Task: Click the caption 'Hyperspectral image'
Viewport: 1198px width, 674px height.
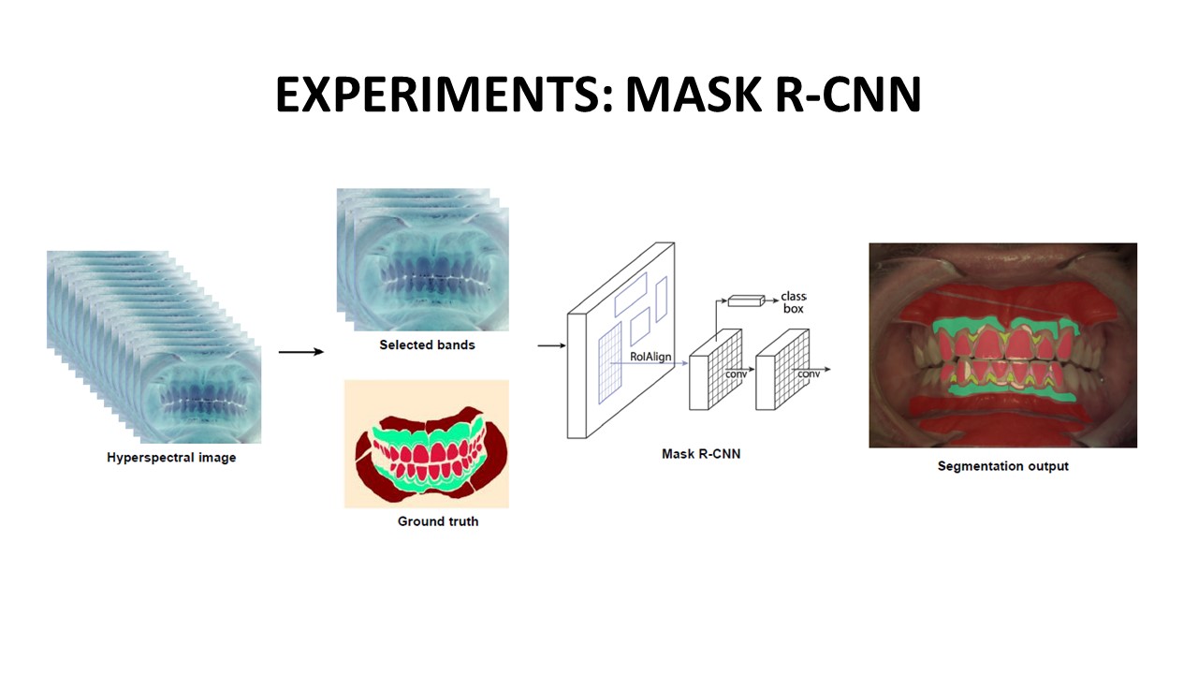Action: pyautogui.click(x=171, y=458)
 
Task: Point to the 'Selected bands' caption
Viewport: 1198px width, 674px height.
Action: pyautogui.click(x=427, y=344)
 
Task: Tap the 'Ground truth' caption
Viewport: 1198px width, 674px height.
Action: pyautogui.click(x=438, y=520)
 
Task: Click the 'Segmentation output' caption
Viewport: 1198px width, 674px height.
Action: pyautogui.click(x=1002, y=465)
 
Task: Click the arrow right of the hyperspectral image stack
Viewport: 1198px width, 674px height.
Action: pyautogui.click(x=300, y=352)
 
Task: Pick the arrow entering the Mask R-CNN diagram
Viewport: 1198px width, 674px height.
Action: pyautogui.click(x=551, y=345)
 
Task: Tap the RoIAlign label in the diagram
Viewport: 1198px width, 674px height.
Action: pyautogui.click(x=650, y=357)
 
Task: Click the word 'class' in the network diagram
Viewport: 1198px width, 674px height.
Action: pyautogui.click(x=794, y=297)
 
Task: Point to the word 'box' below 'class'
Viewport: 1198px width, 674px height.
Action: pyautogui.click(x=793, y=308)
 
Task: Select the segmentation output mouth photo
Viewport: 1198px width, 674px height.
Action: pyautogui.click(x=1002, y=345)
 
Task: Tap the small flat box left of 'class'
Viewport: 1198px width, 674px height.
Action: pyautogui.click(x=746, y=300)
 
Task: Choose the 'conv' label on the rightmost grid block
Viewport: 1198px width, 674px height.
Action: pyautogui.click(x=808, y=374)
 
